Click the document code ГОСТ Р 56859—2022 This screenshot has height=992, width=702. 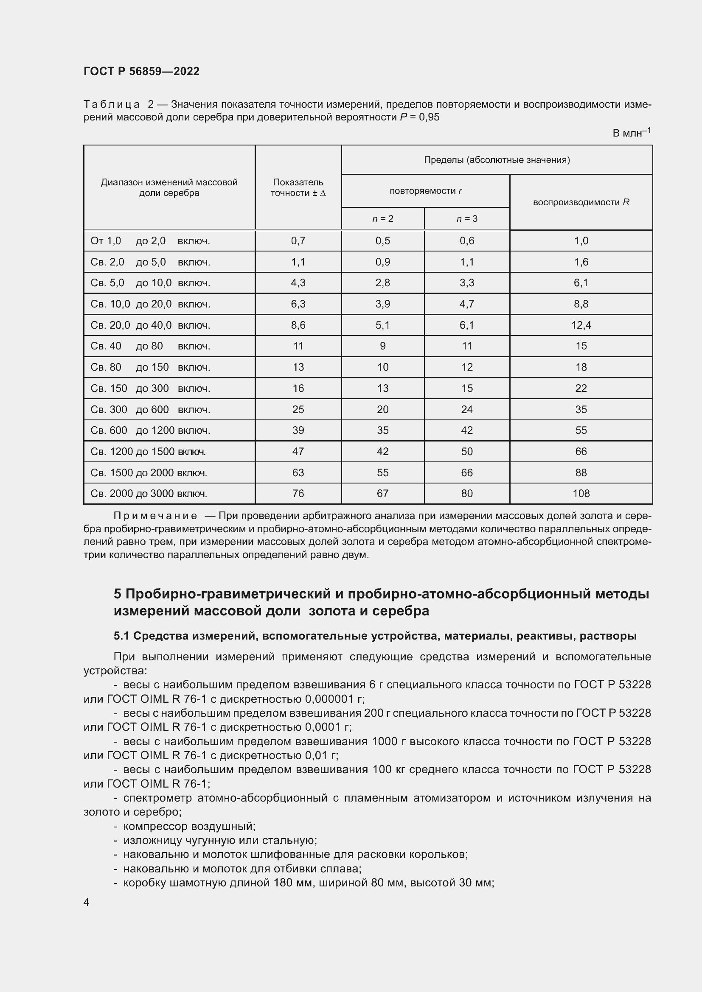[141, 71]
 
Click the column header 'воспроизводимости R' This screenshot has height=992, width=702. [581, 202]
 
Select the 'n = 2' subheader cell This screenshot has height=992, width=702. [382, 218]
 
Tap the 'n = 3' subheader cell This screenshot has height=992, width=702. [467, 218]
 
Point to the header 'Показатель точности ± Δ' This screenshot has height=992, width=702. [298, 187]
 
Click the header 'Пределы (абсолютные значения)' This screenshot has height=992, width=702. [497, 160]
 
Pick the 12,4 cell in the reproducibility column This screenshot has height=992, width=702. [581, 325]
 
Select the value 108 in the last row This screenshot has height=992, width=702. [581, 493]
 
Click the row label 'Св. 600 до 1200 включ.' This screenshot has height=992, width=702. [150, 430]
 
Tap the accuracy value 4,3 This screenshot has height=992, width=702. [298, 282]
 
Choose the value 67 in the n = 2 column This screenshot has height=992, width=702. [382, 493]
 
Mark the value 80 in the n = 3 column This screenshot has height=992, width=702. [467, 493]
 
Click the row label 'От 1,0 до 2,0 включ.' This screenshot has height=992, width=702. [150, 240]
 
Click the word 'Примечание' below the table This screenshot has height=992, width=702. [155, 516]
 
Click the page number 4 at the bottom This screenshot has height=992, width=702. [87, 902]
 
